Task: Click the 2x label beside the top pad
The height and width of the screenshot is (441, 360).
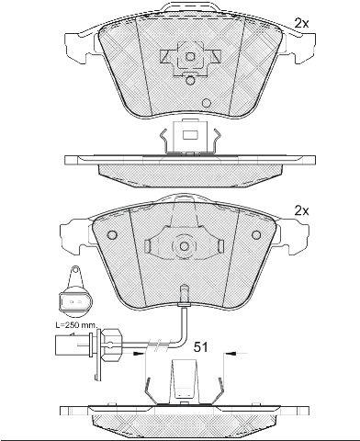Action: pos(301,23)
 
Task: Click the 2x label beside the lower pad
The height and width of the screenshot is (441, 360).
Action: pos(301,210)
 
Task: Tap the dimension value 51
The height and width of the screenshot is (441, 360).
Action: pos(200,347)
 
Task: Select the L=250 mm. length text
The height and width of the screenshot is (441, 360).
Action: pos(76,325)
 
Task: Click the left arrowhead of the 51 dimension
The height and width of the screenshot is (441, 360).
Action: pos(140,354)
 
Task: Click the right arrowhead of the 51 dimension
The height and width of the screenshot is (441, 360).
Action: pos(231,354)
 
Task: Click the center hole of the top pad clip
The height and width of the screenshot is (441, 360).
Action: pos(190,56)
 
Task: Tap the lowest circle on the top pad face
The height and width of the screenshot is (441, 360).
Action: pos(207,103)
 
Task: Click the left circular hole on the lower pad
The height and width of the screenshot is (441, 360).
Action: pos(112,235)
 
